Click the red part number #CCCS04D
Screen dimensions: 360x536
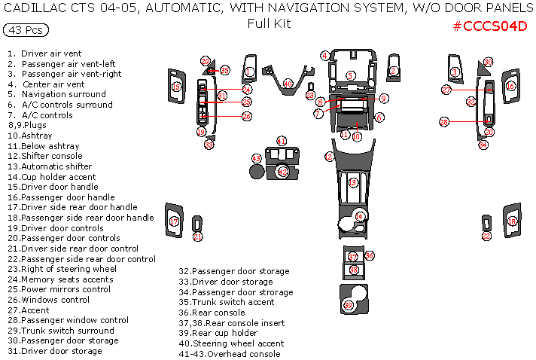click(x=489, y=26)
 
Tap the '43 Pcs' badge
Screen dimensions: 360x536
click(x=26, y=30)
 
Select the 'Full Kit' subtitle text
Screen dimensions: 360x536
click(x=269, y=23)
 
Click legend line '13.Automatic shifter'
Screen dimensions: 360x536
click(x=50, y=166)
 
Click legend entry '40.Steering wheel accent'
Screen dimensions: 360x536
click(x=231, y=343)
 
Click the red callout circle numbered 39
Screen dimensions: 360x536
click(x=348, y=305)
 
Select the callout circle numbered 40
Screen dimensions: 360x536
click(x=288, y=83)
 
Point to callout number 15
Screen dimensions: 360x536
click(x=176, y=87)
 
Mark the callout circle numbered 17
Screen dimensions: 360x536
click(x=174, y=221)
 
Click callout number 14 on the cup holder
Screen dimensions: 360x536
click(x=360, y=217)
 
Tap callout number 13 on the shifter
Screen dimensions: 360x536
click(x=353, y=183)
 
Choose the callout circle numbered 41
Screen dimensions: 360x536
click(x=282, y=141)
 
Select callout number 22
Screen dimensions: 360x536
click(x=486, y=236)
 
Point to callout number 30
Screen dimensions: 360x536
click(x=488, y=62)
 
